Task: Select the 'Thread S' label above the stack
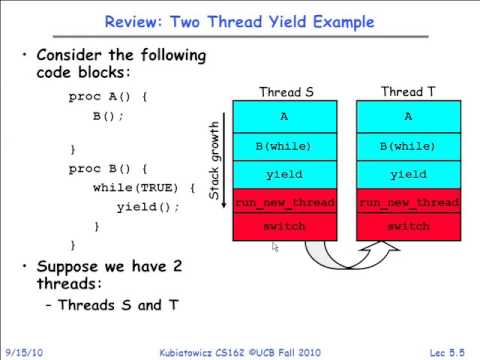(286, 92)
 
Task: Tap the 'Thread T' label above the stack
(408, 92)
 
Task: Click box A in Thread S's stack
(285, 116)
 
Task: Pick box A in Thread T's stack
(408, 116)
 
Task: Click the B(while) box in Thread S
(285, 146)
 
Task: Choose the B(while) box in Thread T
(408, 146)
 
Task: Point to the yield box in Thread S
(285, 174)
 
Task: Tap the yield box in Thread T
(408, 174)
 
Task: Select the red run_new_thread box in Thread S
(285, 201)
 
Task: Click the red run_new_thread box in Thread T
(408, 201)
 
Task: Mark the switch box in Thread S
(285, 227)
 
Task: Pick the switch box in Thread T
(408, 227)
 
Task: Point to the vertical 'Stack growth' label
(214, 160)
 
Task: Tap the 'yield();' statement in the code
(148, 207)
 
